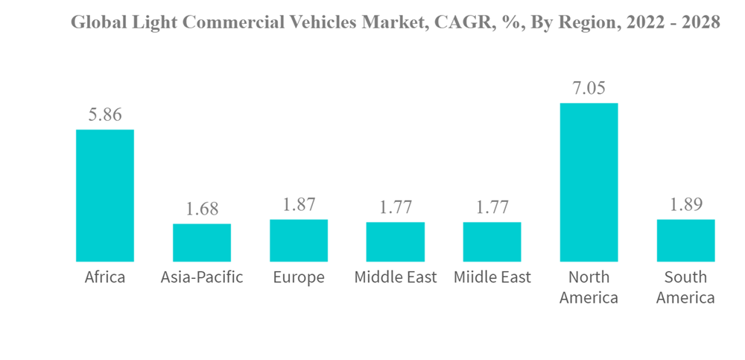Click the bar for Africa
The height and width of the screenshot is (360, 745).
[105, 195]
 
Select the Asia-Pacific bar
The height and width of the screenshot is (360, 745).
[202, 242]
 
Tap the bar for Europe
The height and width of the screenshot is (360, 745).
[299, 240]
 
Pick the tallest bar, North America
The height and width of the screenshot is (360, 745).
[589, 182]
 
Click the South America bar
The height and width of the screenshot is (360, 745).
[685, 240]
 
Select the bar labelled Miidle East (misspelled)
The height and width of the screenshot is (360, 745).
[492, 241]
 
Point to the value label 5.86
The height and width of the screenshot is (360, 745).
[105, 115]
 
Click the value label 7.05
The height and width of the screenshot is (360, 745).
[589, 88]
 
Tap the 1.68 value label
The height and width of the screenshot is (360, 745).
[202, 209]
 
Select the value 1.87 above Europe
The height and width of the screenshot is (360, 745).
[299, 205]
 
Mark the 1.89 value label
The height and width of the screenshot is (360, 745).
[685, 205]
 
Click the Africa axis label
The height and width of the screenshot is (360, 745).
[105, 278]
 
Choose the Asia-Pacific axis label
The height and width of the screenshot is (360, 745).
[202, 278]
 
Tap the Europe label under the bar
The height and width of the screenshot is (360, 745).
[299, 278]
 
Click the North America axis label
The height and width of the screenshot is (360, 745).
[589, 288]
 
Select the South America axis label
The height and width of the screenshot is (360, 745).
[685, 288]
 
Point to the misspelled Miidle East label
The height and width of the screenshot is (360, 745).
[492, 278]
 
